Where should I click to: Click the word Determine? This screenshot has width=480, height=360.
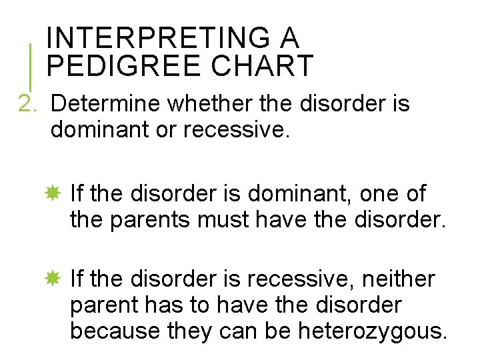(x=105, y=104)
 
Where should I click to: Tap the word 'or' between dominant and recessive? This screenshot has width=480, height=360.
(x=167, y=129)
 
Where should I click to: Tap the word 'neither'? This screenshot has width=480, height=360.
(x=398, y=279)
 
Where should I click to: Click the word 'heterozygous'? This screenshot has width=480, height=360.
(x=373, y=331)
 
